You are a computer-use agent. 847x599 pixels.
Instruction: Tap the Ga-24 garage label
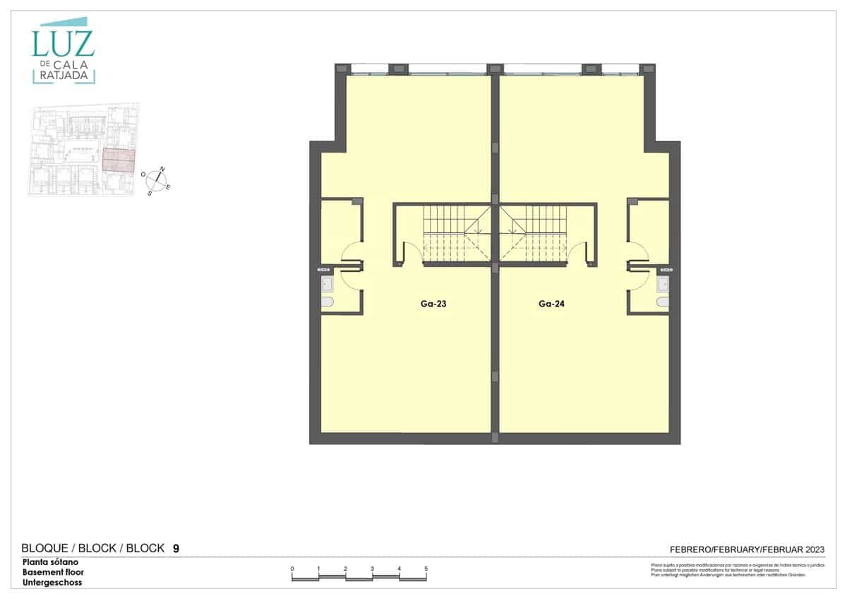click(x=553, y=305)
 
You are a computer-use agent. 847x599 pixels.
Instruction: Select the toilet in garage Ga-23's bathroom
click(x=328, y=302)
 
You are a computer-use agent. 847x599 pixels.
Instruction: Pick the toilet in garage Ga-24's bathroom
click(x=662, y=302)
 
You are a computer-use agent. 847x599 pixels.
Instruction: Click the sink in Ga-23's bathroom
click(x=328, y=284)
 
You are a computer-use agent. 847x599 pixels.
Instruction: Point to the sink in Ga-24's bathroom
click(x=662, y=284)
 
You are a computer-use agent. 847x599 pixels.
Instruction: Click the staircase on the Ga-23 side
click(x=452, y=233)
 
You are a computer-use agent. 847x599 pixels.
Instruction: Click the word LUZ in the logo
click(x=62, y=44)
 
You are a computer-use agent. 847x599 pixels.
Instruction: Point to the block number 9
click(x=176, y=548)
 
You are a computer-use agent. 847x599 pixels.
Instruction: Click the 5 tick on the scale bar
click(x=426, y=569)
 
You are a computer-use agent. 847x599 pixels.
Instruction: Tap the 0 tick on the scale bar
click(x=292, y=569)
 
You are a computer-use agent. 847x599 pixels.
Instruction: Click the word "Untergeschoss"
click(x=52, y=583)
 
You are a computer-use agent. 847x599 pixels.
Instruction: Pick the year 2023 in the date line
click(x=812, y=549)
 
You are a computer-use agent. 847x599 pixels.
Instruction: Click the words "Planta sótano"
click(x=51, y=562)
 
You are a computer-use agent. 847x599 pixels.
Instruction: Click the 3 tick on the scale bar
click(x=373, y=569)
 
